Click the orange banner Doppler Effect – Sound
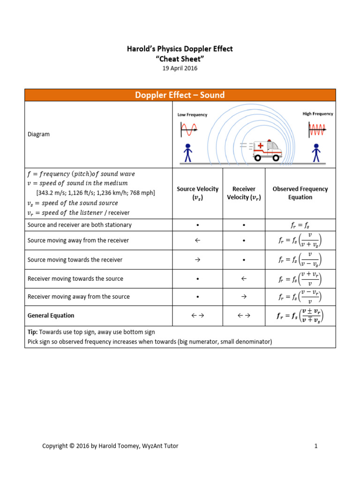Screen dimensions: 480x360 [180, 95]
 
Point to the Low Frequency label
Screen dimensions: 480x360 [192, 115]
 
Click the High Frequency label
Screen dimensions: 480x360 [318, 114]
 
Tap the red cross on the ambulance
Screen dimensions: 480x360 [261, 146]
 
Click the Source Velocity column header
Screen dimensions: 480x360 [197, 193]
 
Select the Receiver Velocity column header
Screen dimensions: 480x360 [244, 193]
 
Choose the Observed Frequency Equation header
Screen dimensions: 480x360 [300, 193]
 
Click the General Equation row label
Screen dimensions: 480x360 [51, 315]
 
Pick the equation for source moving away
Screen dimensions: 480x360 [300, 240]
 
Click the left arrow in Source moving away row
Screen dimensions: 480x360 [197, 240]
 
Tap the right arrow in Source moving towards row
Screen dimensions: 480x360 [197, 260]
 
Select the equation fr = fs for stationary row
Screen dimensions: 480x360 [300, 225]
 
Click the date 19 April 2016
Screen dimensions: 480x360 [180, 68]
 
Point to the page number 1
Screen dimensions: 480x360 [316, 446]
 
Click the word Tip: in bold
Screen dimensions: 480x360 [34, 332]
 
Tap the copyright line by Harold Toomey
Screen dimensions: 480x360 [110, 446]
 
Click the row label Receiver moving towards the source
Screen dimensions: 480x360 [75, 279]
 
